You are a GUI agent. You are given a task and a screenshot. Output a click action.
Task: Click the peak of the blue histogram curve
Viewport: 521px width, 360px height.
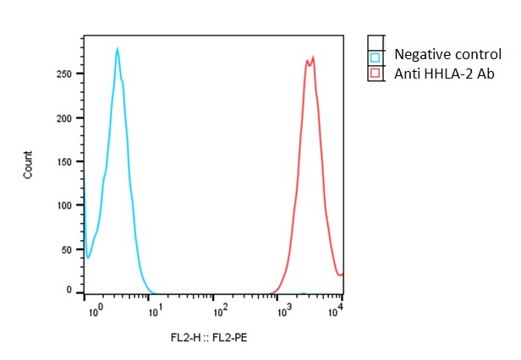[x=118, y=48]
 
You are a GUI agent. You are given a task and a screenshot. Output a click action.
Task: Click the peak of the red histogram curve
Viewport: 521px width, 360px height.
[x=313, y=57]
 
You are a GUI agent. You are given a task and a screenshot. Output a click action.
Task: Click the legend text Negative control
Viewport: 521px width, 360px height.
[x=447, y=56]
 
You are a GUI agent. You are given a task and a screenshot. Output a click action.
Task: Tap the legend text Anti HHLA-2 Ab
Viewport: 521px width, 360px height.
[x=444, y=74]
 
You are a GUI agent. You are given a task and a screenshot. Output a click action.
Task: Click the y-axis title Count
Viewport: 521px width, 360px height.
[x=28, y=164]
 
